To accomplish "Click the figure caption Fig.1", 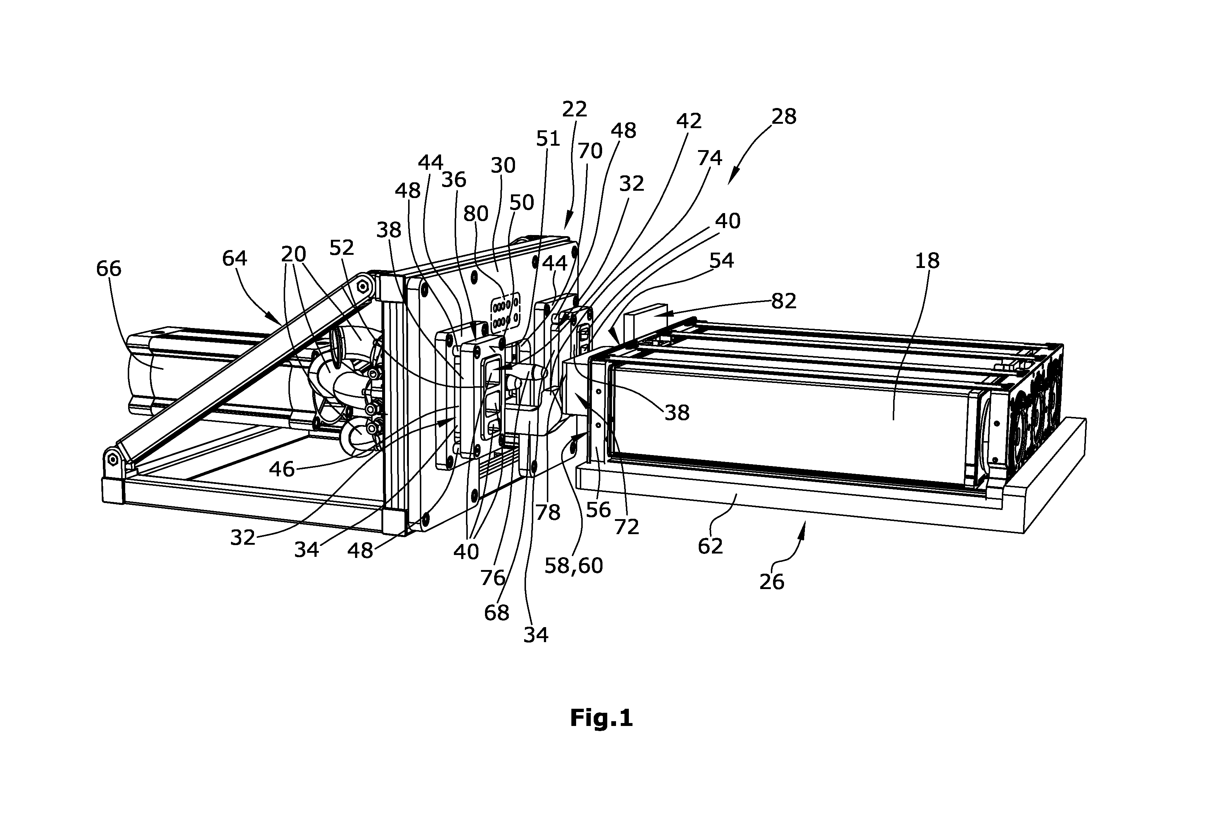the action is (601, 718).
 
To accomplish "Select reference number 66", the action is (108, 269).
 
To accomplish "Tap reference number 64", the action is (234, 258).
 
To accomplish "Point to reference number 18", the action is (927, 260).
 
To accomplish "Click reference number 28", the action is (784, 116).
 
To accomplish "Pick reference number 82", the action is (784, 301).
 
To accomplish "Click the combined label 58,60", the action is (574, 566).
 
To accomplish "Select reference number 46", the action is (282, 469).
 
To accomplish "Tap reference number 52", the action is (342, 247).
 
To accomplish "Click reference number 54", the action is (721, 260).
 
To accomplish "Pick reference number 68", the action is (497, 612).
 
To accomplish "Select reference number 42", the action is (689, 121).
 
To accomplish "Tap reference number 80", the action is (475, 213).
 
